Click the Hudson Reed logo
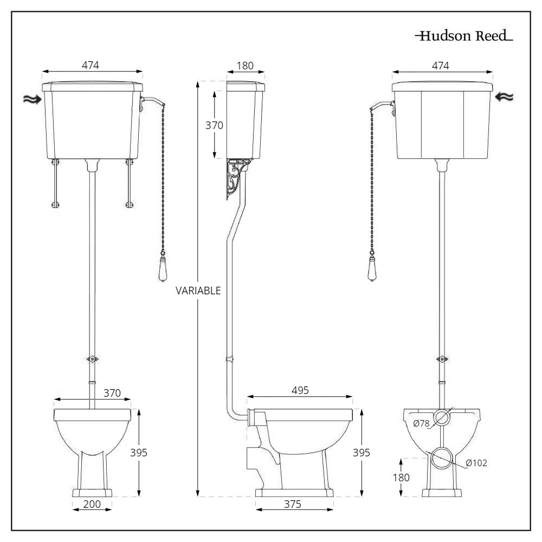tap(464, 36)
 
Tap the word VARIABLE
tap(198, 291)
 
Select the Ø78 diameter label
tap(422, 424)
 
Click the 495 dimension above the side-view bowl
tap(299, 390)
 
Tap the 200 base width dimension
tap(92, 504)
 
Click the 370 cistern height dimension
tap(215, 125)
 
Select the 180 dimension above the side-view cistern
tap(246, 66)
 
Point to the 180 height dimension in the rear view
tap(401, 478)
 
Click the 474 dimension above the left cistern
tap(91, 65)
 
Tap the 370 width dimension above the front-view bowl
tap(112, 392)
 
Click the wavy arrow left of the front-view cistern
tap(31, 99)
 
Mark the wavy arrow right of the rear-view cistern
tap(504, 97)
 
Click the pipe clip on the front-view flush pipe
tap(93, 359)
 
